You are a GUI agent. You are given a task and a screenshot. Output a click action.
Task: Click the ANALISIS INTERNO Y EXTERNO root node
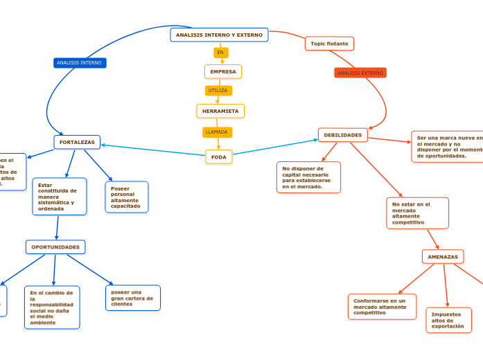(219, 35)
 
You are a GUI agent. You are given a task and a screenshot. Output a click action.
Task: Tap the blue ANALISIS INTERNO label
(80, 63)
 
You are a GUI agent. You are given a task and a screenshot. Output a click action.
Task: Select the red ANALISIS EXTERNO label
(360, 73)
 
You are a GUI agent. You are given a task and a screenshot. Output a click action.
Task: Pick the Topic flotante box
(329, 44)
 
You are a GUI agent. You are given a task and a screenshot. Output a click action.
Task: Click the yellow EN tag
(220, 53)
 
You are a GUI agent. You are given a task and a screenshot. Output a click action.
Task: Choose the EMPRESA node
(223, 71)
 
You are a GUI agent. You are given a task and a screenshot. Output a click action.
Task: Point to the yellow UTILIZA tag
(218, 91)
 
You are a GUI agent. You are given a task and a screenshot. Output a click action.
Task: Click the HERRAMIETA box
(220, 111)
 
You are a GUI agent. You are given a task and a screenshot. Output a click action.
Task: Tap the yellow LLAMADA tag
(217, 132)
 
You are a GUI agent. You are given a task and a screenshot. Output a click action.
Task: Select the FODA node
(219, 157)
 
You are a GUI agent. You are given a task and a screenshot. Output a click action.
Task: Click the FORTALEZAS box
(77, 142)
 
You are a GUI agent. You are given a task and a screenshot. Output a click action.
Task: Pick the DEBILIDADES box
(343, 135)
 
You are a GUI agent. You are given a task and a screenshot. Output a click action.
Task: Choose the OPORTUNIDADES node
(55, 246)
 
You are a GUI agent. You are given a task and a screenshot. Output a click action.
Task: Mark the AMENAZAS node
(443, 257)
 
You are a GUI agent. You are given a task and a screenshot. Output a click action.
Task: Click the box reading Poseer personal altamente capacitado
(127, 197)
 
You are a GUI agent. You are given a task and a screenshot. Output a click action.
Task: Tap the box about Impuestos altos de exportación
(448, 320)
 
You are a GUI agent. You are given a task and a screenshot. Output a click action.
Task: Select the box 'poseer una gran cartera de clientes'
(133, 298)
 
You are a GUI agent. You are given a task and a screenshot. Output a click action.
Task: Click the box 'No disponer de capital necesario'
(308, 177)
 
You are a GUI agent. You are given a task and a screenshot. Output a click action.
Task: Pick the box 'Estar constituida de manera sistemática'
(60, 197)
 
